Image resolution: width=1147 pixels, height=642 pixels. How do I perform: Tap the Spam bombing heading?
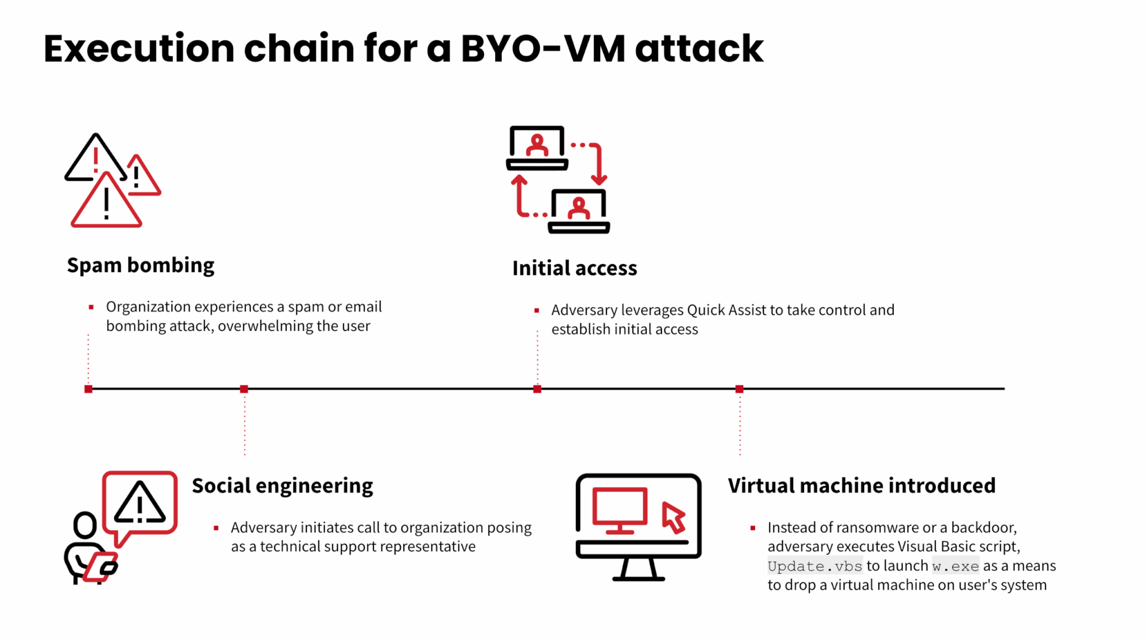click(141, 265)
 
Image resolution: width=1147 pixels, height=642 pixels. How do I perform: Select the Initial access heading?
click(575, 268)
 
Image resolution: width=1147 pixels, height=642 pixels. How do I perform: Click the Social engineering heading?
click(282, 486)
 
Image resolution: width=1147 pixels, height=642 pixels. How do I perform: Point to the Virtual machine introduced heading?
click(861, 486)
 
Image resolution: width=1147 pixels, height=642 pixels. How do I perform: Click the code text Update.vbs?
click(814, 566)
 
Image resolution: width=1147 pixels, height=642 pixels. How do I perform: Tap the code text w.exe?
click(955, 566)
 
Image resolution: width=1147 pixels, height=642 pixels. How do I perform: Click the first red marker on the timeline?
click(88, 389)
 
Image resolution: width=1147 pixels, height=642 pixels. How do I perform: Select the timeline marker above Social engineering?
click(244, 389)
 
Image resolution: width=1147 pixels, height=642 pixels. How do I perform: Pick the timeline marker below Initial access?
click(537, 389)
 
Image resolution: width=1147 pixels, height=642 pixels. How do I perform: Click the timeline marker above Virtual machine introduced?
click(739, 389)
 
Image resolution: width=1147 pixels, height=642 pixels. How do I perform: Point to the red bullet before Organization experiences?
click(91, 307)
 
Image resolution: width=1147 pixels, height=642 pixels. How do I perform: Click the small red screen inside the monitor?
click(620, 507)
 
